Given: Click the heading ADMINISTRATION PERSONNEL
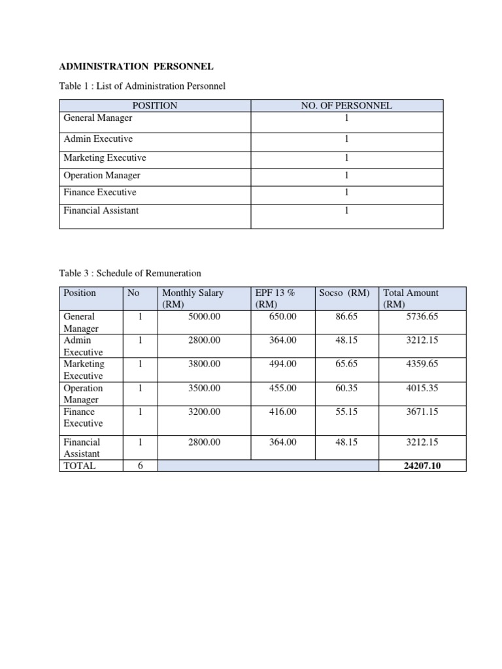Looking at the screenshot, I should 137,67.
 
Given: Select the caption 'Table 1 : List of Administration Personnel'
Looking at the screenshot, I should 142,86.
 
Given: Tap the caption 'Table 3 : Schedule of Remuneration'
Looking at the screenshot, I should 130,273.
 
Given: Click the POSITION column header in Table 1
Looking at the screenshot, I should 155,106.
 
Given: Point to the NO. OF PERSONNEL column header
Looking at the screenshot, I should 346,106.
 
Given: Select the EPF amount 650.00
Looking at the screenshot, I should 283,317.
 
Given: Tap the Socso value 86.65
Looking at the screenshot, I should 346,317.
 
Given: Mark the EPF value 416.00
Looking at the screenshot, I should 283,412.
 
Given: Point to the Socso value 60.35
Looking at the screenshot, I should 346,388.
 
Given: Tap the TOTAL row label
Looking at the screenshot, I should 79,466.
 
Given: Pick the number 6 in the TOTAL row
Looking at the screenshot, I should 140,466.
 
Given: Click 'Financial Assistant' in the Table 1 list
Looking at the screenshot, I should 101,210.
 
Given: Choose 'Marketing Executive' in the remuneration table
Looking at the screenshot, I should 84,370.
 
